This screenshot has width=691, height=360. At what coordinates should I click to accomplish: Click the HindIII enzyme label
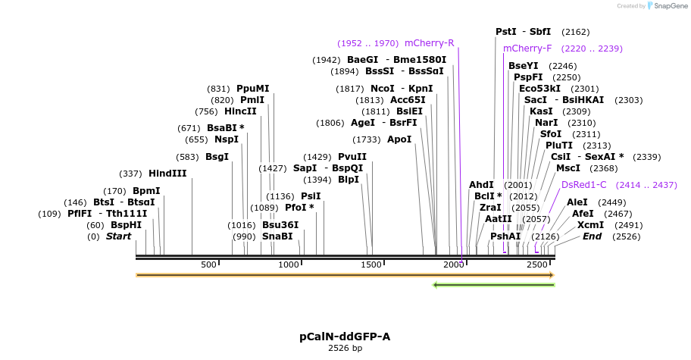point(167,174)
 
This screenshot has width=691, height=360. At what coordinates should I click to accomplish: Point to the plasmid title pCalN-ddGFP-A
point(345,336)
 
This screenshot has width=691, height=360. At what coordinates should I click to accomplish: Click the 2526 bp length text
point(345,349)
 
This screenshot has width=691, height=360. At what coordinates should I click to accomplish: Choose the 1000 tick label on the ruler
point(289,265)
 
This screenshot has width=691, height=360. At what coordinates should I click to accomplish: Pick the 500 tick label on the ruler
point(208,265)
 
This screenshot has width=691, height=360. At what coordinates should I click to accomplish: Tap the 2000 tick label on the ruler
point(453,265)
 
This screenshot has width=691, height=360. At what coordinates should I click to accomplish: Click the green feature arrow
point(494,285)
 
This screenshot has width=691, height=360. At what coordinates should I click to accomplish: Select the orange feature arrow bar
point(345,275)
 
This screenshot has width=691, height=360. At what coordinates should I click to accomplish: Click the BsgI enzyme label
point(217,157)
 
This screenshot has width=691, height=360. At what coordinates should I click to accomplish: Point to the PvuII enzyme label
point(352,157)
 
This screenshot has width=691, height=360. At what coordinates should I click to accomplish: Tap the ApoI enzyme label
point(399,139)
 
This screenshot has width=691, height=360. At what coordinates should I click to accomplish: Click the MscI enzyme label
point(568,168)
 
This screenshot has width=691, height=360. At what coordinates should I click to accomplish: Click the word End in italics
point(593,236)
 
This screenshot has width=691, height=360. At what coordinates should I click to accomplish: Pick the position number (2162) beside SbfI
point(575,32)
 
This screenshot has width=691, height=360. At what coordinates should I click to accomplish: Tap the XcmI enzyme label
point(590,225)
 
